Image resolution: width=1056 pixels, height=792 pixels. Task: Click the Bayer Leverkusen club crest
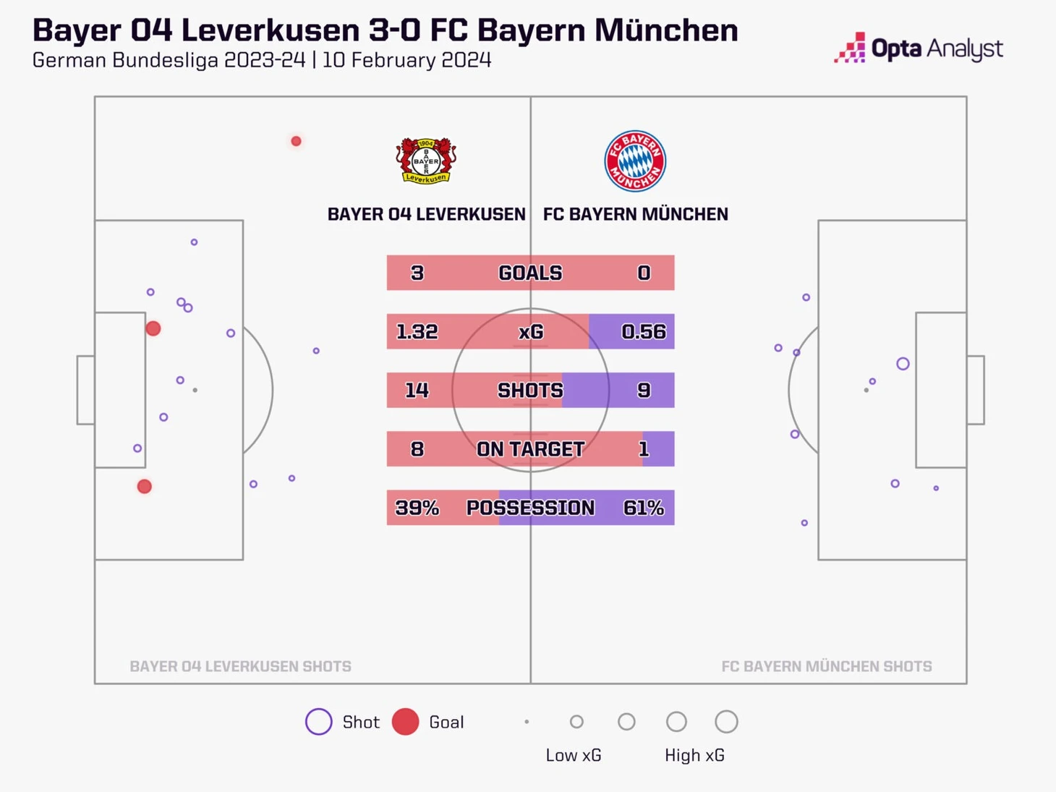click(x=426, y=161)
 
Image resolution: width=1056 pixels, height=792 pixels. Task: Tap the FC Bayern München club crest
click(x=635, y=161)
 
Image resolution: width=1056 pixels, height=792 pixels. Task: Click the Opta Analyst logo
click(x=919, y=48)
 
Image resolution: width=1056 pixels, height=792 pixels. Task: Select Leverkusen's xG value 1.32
click(x=417, y=331)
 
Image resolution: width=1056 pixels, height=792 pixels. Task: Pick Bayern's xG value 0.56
click(x=643, y=331)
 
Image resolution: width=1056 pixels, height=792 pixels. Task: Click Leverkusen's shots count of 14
click(x=417, y=391)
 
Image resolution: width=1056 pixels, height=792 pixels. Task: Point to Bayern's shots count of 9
click(x=643, y=391)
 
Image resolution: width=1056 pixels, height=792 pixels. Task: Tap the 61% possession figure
click(x=643, y=508)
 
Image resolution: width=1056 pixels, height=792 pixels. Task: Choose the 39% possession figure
click(x=417, y=508)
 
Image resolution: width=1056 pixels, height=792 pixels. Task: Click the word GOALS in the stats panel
click(x=530, y=273)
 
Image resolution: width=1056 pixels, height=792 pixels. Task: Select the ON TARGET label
click(x=530, y=449)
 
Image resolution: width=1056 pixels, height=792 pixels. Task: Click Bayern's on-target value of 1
click(x=643, y=449)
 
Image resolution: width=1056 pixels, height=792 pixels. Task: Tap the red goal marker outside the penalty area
click(x=296, y=141)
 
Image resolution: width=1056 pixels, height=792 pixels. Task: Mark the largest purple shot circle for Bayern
click(x=903, y=364)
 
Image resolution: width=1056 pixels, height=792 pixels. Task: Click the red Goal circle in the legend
click(x=405, y=722)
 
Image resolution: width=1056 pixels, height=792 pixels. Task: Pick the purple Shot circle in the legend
click(x=318, y=722)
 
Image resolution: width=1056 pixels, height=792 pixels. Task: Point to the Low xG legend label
click(x=574, y=755)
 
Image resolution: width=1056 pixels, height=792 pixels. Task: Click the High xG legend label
click(x=694, y=755)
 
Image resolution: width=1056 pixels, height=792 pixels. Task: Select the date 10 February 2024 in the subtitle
click(x=406, y=60)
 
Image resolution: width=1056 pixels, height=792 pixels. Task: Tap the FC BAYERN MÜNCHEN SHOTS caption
click(x=826, y=666)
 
